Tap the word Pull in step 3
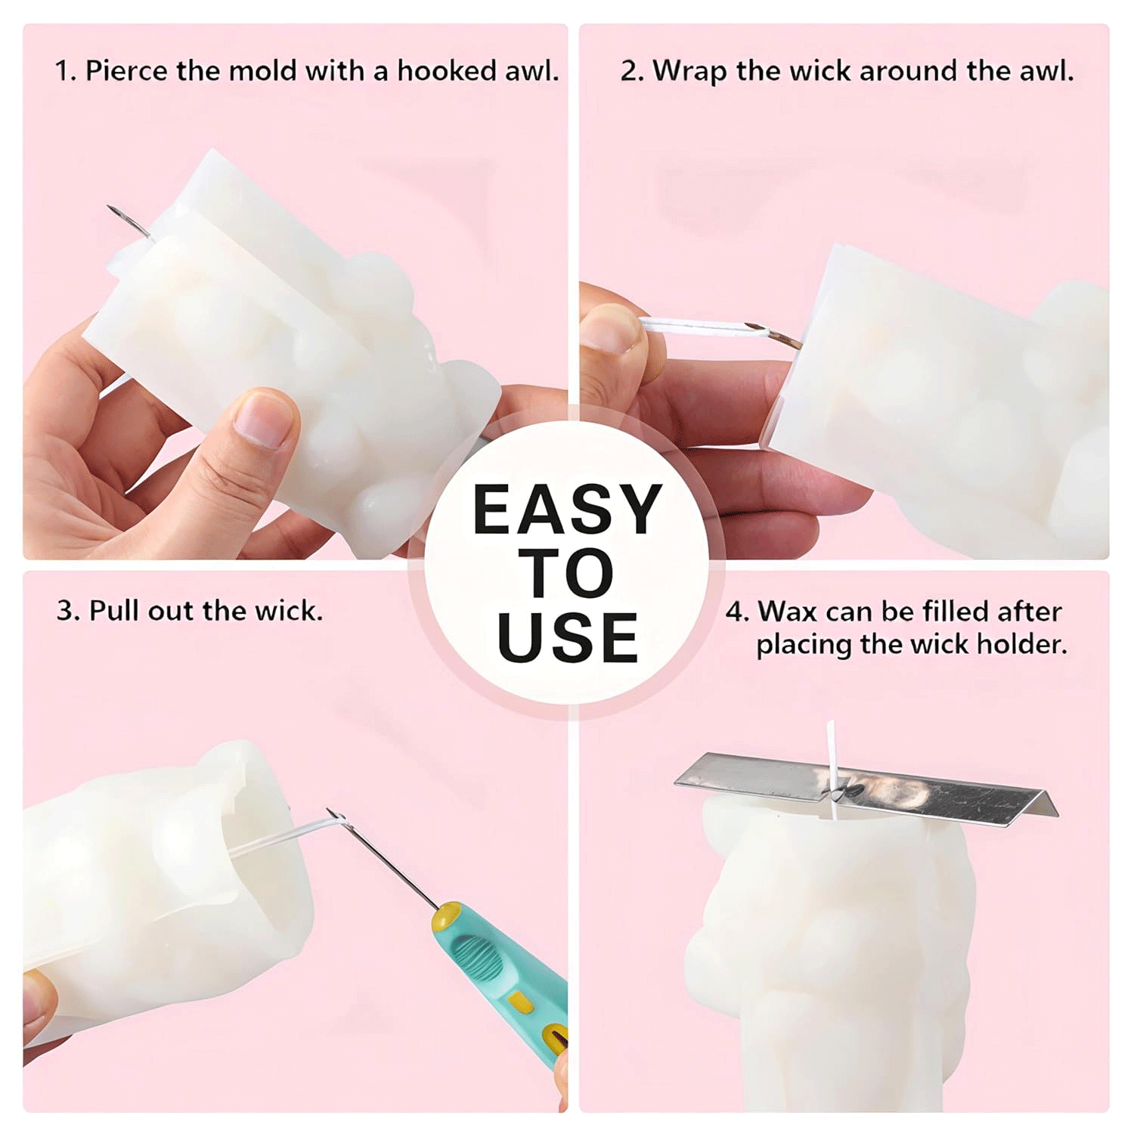[114, 610]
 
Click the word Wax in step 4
[783, 611]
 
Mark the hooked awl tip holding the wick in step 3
[336, 816]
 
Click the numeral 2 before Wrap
[628, 71]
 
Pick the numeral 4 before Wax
[735, 611]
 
